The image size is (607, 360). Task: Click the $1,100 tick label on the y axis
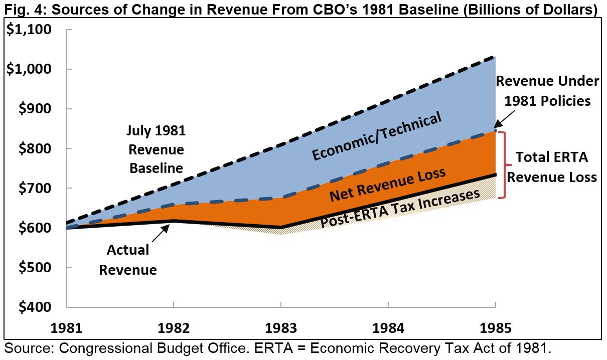29,30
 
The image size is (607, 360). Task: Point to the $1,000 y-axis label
29,69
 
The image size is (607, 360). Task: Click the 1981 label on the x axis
66,328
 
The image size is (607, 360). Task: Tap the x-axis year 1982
174,328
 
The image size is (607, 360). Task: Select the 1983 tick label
281,328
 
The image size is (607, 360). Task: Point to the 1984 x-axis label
388,328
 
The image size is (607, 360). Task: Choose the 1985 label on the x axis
495,328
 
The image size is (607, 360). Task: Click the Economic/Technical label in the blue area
377,136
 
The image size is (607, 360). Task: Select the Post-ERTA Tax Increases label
400,208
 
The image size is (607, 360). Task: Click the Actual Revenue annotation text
128,260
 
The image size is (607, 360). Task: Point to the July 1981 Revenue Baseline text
156,149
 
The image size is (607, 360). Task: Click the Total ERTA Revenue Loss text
551,167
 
